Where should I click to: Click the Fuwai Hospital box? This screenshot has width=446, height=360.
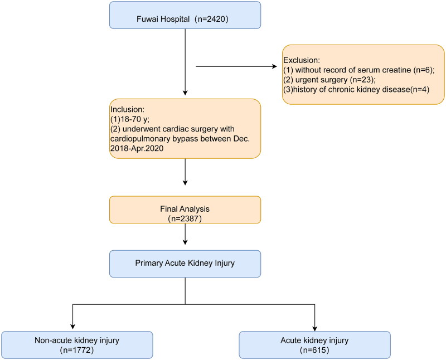click(185, 15)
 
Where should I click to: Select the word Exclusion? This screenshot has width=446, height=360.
click(301, 60)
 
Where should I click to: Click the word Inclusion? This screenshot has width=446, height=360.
click(127, 109)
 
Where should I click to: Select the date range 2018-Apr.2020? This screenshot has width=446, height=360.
click(137, 148)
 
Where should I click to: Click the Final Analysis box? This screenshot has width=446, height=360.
click(185, 210)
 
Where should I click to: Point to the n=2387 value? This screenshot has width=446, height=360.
click(185, 218)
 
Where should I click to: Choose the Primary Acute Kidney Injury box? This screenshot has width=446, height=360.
click(185, 264)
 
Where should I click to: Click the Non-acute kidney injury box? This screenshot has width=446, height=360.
click(77, 344)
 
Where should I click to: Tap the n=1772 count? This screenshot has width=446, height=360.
click(77, 350)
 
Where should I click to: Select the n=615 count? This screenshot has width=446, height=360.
click(314, 350)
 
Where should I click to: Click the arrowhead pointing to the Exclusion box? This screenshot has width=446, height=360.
click(274, 66)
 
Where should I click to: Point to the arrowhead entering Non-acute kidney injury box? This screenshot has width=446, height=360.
click(73, 327)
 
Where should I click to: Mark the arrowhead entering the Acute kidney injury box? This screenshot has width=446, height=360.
click(314, 328)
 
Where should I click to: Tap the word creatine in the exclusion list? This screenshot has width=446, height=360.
click(395, 70)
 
